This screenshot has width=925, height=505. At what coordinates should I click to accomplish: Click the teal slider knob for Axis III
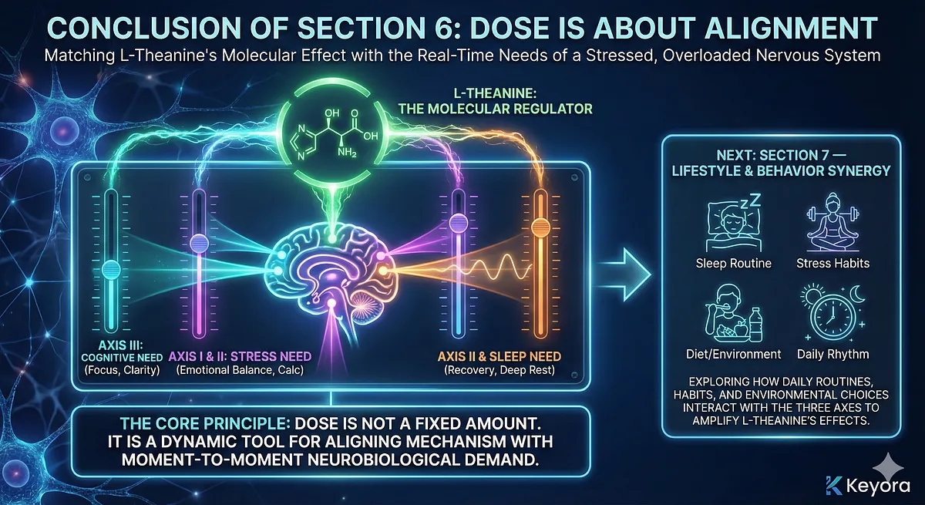(x=112, y=269)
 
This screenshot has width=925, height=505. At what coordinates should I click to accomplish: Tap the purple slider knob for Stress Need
(x=199, y=241)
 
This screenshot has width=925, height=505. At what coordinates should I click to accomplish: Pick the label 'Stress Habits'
(x=832, y=263)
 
